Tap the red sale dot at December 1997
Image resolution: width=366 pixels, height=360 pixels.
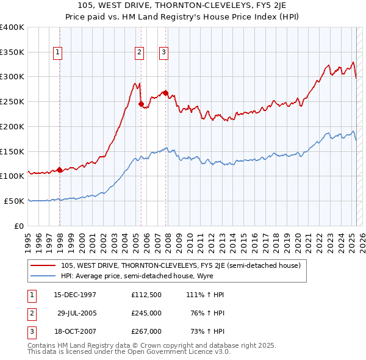60,170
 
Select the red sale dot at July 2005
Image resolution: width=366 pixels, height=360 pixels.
142,104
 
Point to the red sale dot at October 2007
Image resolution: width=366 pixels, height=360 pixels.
165,93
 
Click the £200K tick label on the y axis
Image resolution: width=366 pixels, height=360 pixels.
12,126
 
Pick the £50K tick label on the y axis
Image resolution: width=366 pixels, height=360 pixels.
15,201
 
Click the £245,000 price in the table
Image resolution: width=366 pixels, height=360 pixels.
146,313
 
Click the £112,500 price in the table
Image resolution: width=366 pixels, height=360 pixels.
146,295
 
